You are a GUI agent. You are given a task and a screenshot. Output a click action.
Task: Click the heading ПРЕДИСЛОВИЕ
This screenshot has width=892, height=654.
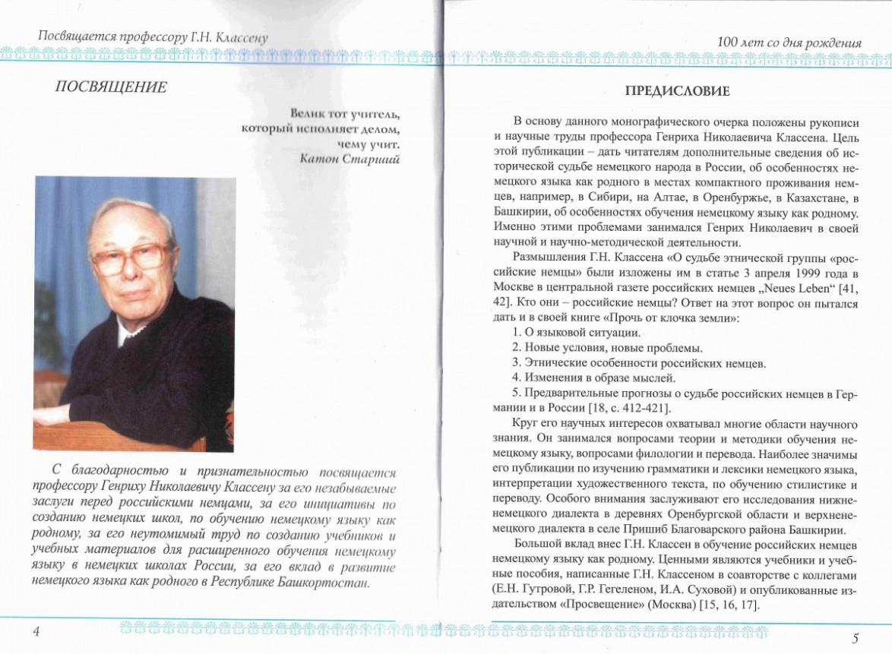click(677, 92)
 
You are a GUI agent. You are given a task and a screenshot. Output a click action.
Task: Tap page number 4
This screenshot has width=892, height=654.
click(36, 633)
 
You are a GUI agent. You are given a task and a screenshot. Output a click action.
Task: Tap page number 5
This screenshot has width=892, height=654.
click(856, 637)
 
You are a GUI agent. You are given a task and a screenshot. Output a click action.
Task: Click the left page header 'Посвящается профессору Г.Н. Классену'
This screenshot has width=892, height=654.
click(153, 36)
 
